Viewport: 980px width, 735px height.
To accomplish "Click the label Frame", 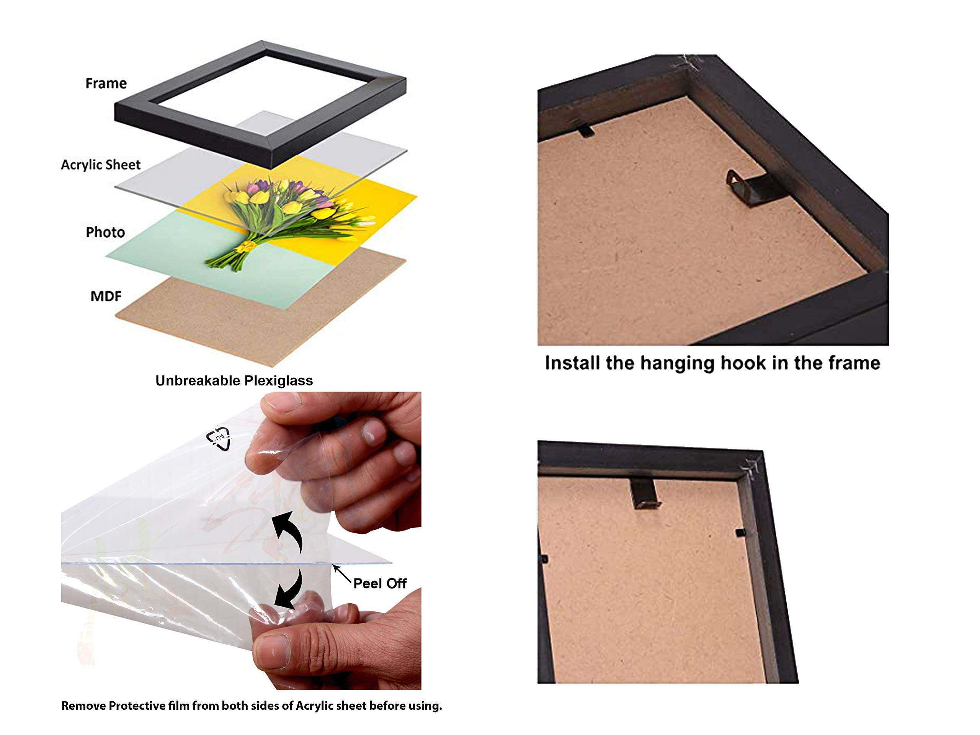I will pos(106,83).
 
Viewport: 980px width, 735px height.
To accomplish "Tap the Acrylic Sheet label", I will pos(101,165).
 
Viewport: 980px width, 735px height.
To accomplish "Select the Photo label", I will pos(105,232).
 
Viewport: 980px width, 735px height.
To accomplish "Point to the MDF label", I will pos(106,296).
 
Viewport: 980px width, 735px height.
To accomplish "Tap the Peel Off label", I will pos(380,583).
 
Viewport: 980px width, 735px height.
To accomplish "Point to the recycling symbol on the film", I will pos(219,438).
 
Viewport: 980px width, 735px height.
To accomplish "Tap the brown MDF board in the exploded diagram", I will pos(248,319).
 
